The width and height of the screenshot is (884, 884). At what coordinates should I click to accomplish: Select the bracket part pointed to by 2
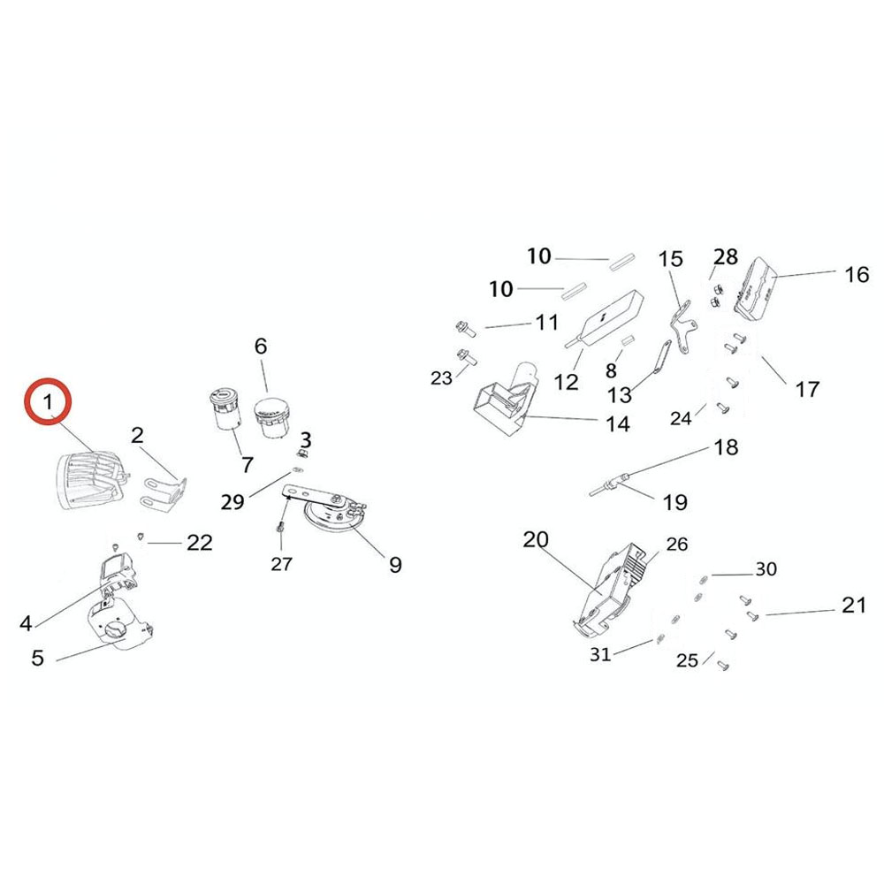[164, 492]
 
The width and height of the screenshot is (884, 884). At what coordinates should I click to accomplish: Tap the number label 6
[261, 347]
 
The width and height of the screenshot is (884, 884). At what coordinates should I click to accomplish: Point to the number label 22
[200, 542]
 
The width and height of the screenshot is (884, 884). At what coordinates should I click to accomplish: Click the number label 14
[617, 423]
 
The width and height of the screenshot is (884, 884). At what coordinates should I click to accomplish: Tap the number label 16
[857, 274]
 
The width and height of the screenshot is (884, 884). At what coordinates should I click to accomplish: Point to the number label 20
[536, 539]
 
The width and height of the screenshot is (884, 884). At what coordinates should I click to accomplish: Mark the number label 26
[676, 545]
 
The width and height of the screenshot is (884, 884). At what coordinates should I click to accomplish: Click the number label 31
[600, 653]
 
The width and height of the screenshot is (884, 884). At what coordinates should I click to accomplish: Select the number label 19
[674, 503]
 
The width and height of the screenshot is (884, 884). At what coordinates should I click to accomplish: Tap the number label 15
[671, 259]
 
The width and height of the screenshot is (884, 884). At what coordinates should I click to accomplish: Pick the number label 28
[725, 257]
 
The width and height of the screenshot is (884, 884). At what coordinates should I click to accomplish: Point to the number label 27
[281, 563]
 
